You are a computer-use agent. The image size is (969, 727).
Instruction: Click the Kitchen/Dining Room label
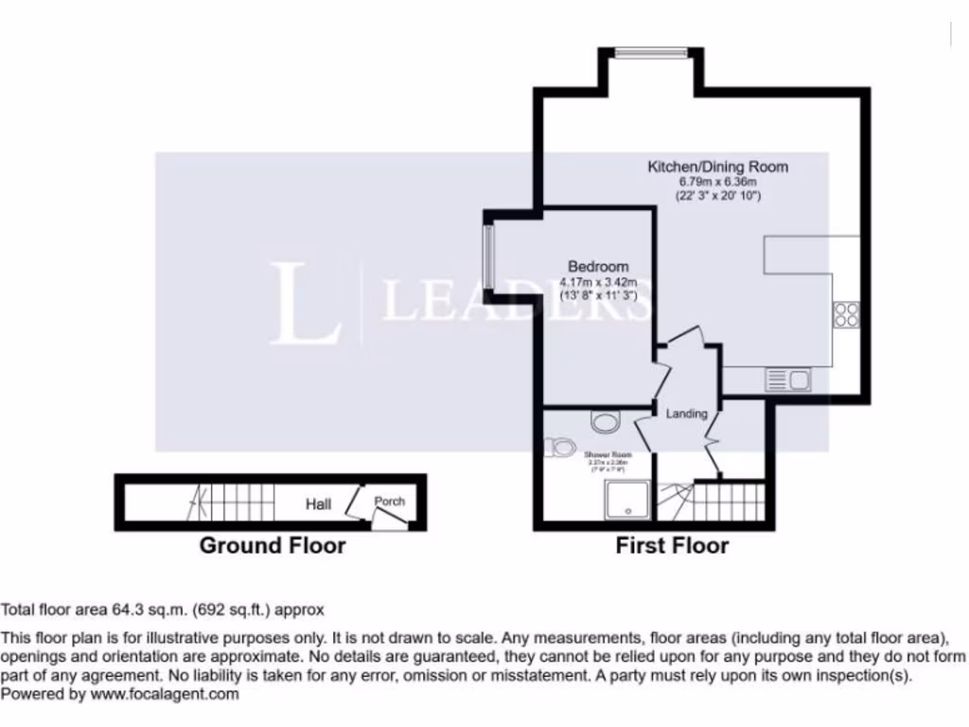(x=717, y=167)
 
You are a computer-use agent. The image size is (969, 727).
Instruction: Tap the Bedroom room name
(x=597, y=266)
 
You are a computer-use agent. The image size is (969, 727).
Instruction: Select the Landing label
(x=686, y=414)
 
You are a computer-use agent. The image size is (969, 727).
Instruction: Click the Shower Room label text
(x=606, y=454)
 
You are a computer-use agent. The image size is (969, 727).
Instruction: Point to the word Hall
(x=318, y=505)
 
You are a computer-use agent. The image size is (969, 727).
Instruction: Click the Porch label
(x=389, y=501)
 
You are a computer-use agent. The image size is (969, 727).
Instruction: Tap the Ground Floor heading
(x=272, y=545)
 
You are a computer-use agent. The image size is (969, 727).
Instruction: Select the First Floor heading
(x=672, y=545)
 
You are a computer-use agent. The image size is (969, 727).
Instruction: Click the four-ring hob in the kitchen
(x=845, y=314)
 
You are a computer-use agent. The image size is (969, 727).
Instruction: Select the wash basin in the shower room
(x=602, y=418)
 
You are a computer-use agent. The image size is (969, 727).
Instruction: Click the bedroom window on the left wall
(x=488, y=257)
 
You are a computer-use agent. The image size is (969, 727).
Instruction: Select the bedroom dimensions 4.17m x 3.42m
(x=597, y=282)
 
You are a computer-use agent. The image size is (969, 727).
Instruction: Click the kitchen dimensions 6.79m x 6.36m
(x=717, y=182)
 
